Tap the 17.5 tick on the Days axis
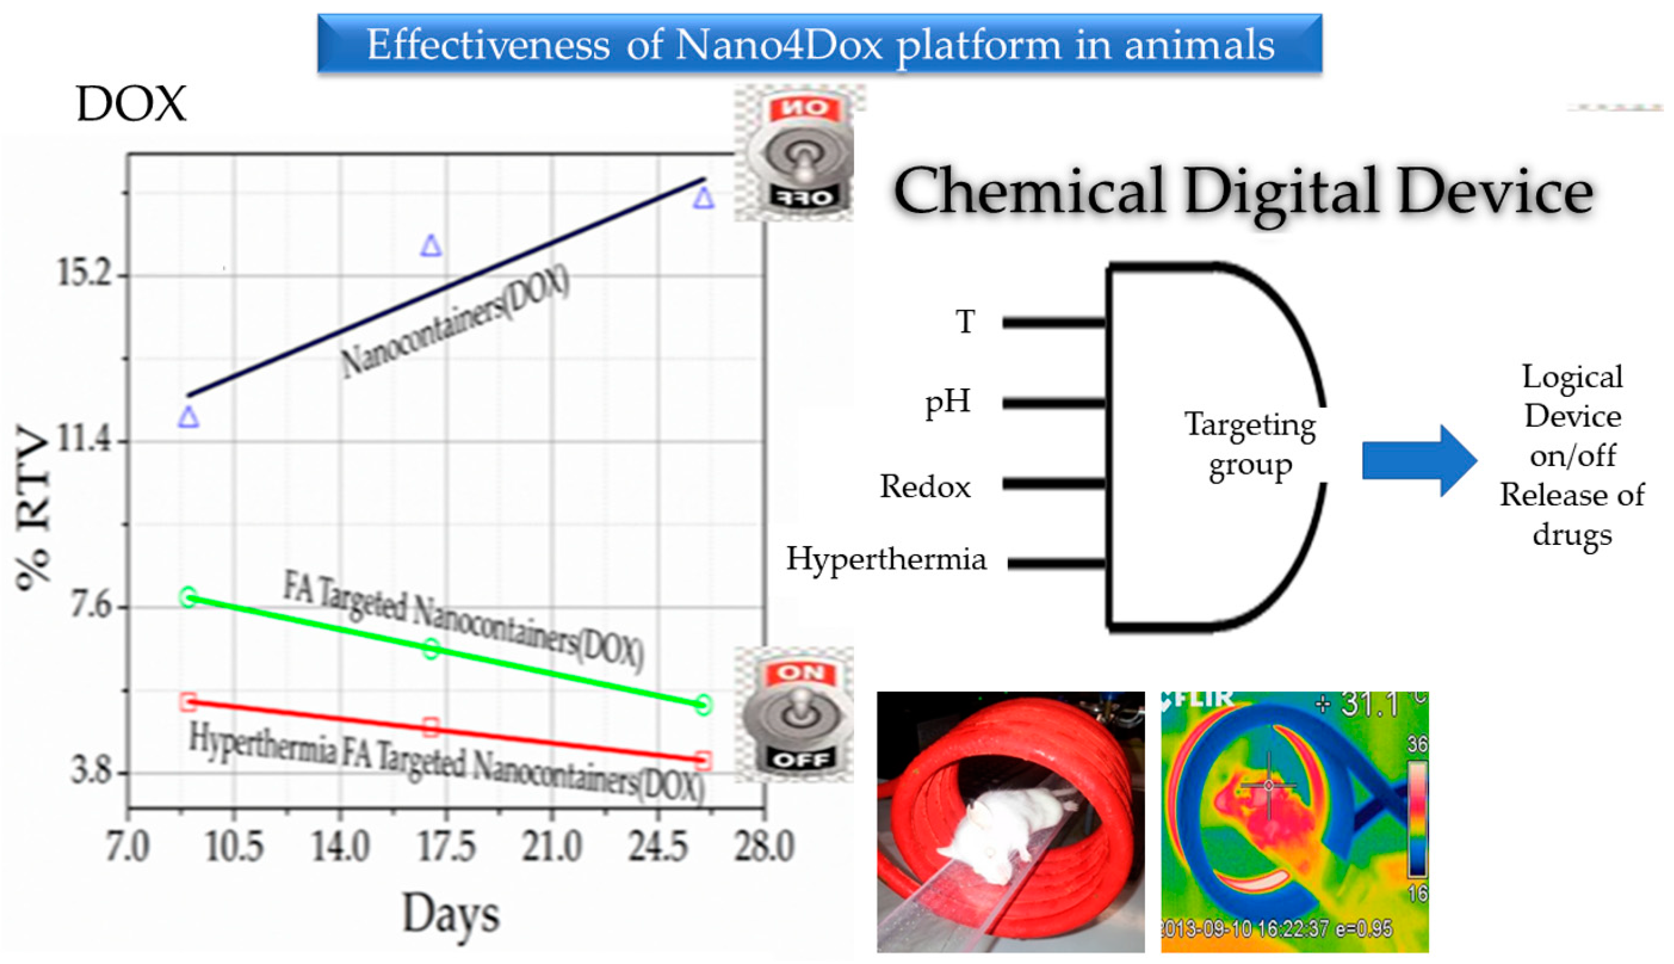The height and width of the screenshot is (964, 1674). click(447, 847)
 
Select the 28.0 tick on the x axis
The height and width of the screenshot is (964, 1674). click(763, 847)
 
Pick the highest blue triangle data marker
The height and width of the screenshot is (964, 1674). click(703, 198)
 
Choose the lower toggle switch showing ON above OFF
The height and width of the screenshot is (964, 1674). click(800, 715)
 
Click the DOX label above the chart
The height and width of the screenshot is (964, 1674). click(131, 104)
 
